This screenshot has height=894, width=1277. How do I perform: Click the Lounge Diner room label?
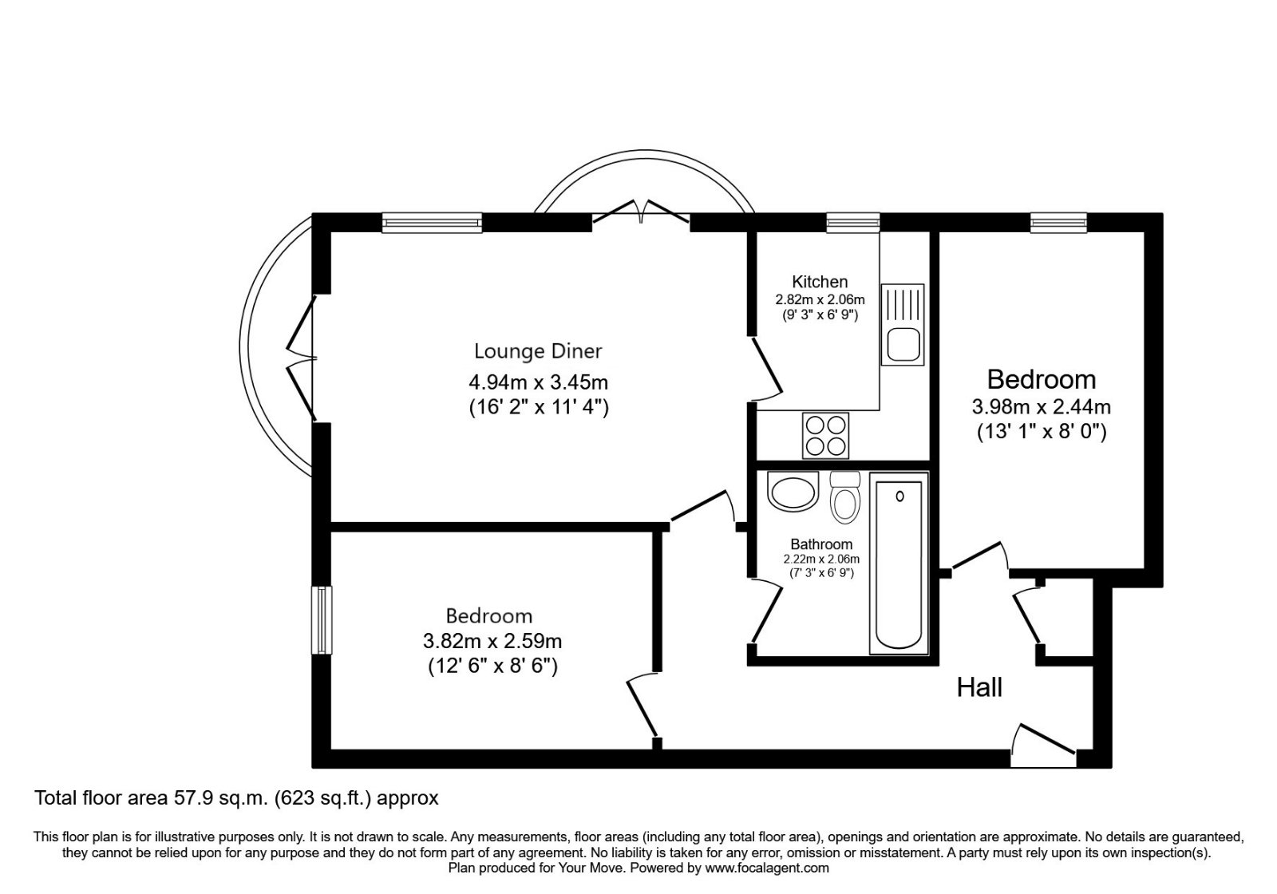pos(538,351)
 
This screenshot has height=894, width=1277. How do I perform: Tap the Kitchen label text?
pos(820,282)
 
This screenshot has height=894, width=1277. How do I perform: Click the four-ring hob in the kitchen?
pos(826,436)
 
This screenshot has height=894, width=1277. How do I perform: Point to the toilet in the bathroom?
pos(844,496)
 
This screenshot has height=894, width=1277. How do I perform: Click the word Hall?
pos(979,687)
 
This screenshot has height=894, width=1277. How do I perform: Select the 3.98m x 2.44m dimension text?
pos(1041,407)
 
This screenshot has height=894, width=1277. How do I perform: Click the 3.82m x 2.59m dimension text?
pos(492,641)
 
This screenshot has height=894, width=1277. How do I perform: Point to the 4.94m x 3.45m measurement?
pos(538,383)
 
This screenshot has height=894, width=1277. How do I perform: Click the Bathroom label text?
pos(821,544)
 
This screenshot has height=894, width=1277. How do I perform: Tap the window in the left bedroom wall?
pos(321,621)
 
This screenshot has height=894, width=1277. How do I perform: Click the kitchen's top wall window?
pos(852,223)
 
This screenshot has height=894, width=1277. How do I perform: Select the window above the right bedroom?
pos(1058,223)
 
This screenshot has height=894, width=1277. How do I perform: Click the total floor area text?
pos(236,797)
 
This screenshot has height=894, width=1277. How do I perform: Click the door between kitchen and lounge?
pos(765,370)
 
